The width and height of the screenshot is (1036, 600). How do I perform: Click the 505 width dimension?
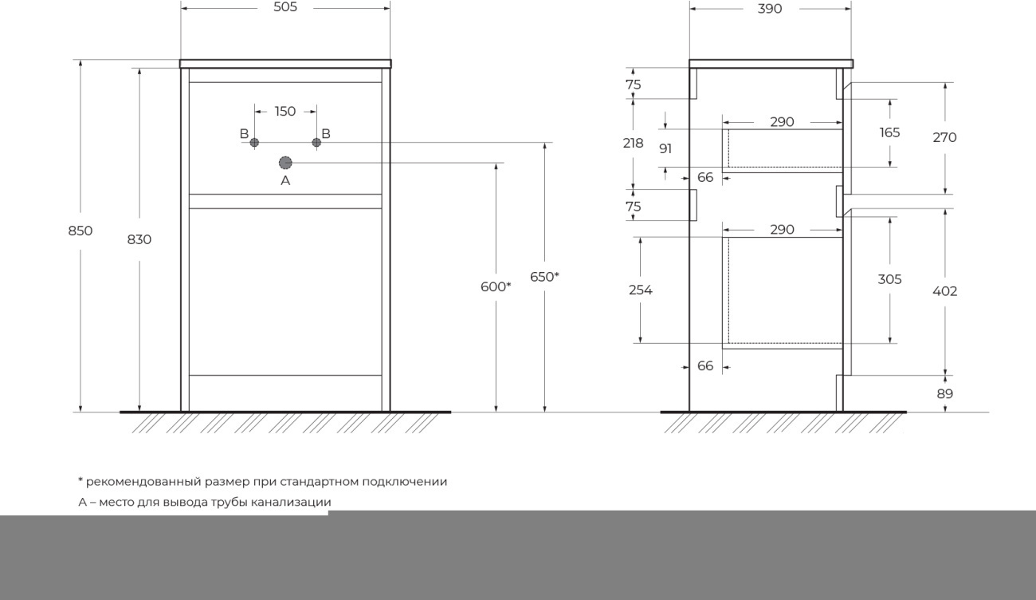tap(285, 7)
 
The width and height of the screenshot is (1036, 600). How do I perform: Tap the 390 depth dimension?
tap(770, 9)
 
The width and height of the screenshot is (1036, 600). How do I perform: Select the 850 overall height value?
tap(80, 231)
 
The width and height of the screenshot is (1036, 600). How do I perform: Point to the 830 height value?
tap(139, 239)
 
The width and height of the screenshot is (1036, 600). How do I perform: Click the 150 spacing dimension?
tap(285, 111)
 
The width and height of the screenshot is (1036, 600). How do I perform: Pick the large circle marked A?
tap(285, 163)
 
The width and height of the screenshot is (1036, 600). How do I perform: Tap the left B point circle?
tap(254, 143)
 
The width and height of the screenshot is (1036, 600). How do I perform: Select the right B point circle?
tap(316, 143)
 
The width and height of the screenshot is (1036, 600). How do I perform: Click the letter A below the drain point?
tap(285, 180)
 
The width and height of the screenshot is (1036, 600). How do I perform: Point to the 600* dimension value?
tap(496, 287)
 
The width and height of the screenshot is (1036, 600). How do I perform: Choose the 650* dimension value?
tap(544, 277)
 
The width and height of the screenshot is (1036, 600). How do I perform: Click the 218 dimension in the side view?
tap(633, 144)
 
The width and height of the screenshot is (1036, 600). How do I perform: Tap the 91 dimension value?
tap(665, 148)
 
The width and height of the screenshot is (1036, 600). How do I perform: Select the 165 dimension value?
tap(889, 133)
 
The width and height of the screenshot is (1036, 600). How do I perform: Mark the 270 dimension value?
tap(944, 137)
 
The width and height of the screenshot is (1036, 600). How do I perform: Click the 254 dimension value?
tap(640, 290)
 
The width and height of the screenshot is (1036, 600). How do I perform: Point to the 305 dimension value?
tap(889, 279)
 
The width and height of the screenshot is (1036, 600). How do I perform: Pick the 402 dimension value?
tap(944, 291)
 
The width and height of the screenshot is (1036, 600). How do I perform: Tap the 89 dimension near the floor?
tap(945, 394)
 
